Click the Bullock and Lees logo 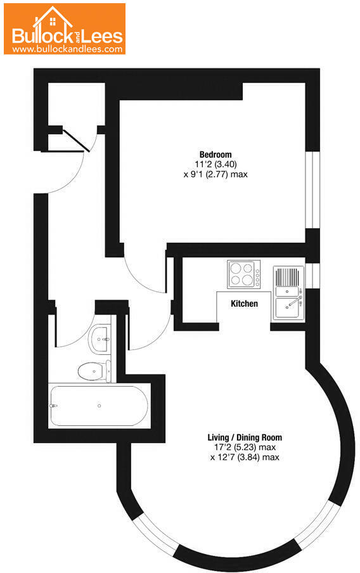(x=67, y=29)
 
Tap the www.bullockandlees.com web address (x=67, y=48)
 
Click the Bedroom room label (x=215, y=154)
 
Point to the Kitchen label (x=244, y=304)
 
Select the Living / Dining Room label (x=245, y=437)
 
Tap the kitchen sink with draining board (x=288, y=293)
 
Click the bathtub (x=98, y=406)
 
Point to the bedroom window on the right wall (x=312, y=190)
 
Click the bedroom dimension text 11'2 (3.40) (x=215, y=164)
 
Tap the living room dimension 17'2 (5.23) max (x=245, y=447)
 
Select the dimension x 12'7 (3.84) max (x=245, y=457)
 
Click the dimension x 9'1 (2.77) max (x=215, y=174)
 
